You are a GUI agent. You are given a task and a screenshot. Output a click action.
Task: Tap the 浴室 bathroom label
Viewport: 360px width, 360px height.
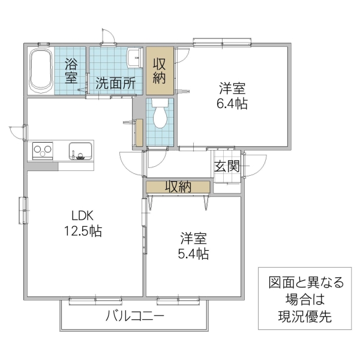[x=71, y=70]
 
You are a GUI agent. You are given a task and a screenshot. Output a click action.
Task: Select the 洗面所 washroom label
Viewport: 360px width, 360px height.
[x=115, y=83]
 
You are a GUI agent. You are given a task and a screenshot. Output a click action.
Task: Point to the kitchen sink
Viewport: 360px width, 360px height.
[x=80, y=151]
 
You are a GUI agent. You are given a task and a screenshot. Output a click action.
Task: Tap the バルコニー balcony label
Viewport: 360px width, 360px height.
[x=135, y=316]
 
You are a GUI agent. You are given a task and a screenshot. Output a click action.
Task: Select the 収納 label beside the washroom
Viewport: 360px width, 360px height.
[x=160, y=70]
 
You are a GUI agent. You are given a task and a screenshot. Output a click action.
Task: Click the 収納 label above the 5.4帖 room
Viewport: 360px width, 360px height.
[x=178, y=187]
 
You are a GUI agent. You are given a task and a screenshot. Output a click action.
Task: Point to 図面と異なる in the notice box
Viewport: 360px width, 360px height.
[x=305, y=283]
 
